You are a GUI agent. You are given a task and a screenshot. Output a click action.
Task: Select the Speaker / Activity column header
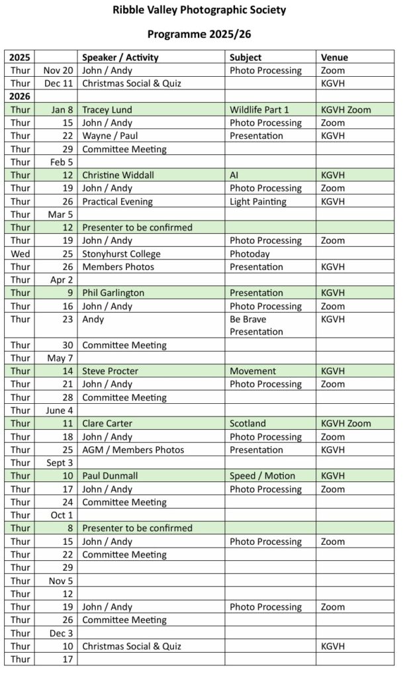tap(120, 58)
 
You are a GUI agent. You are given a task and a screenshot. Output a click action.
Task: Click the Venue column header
tap(334, 58)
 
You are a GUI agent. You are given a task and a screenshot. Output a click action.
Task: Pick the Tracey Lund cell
tap(107, 110)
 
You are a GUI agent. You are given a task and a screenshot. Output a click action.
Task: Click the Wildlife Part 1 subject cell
tap(259, 110)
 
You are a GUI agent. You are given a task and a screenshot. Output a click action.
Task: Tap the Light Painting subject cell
tap(258, 201)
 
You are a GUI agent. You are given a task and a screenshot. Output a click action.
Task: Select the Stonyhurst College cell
tap(121, 254)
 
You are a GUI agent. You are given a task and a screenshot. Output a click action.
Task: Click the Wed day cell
tap(20, 254)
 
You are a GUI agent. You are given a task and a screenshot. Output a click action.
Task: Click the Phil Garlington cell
tap(113, 293)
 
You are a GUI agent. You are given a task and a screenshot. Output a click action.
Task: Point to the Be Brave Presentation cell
tap(257, 325)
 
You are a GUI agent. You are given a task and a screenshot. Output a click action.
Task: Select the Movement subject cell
tap(253, 371)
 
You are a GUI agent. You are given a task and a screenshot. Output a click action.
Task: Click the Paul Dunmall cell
tap(111, 476)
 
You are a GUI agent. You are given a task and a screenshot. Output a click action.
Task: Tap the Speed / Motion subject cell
tap(263, 476)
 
